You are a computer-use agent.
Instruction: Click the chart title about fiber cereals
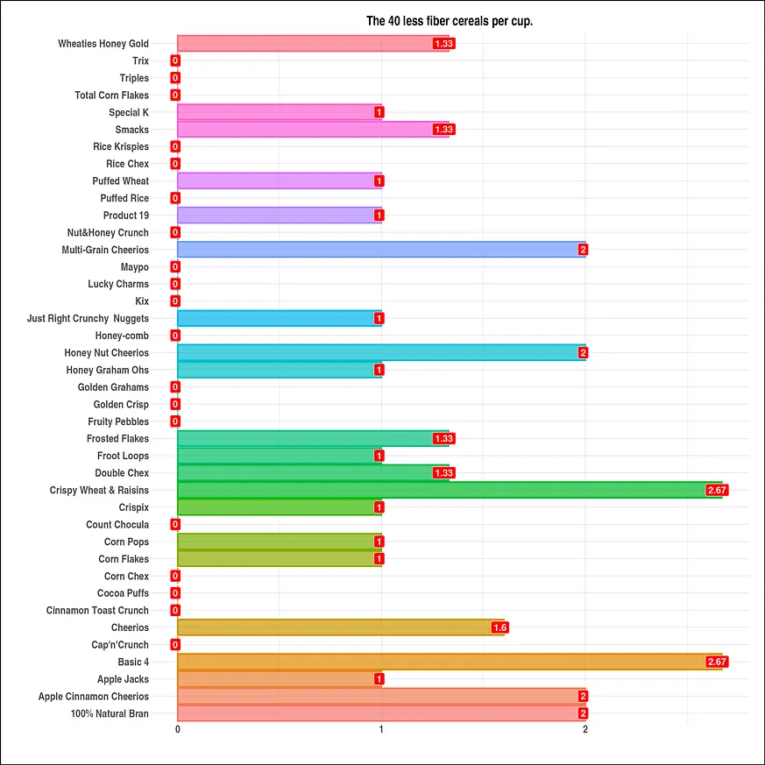click(449, 21)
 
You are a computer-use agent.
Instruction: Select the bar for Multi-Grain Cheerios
click(381, 250)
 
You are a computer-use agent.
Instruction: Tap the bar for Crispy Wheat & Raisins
click(449, 490)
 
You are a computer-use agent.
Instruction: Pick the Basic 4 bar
click(449, 662)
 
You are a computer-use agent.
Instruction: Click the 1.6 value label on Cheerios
click(500, 627)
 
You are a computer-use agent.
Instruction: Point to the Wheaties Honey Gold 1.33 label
click(444, 44)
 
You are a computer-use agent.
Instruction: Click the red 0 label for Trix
click(175, 60)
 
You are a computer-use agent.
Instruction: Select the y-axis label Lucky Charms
click(118, 284)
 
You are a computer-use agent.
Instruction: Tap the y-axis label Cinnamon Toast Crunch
click(97, 610)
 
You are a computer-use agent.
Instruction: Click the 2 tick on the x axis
click(585, 729)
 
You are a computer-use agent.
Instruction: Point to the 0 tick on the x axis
click(178, 729)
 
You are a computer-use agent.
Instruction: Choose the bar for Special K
click(279, 112)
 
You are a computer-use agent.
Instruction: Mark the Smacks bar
click(313, 130)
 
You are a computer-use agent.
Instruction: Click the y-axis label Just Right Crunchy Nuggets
click(88, 318)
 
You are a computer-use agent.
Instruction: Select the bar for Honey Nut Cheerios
click(381, 352)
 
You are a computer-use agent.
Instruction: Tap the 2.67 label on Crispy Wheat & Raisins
click(717, 490)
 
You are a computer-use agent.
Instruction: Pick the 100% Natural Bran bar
click(381, 713)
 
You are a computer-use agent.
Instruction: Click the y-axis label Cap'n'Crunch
click(120, 645)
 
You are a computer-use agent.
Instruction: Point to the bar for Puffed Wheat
click(279, 181)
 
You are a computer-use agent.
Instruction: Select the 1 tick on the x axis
click(381, 729)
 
